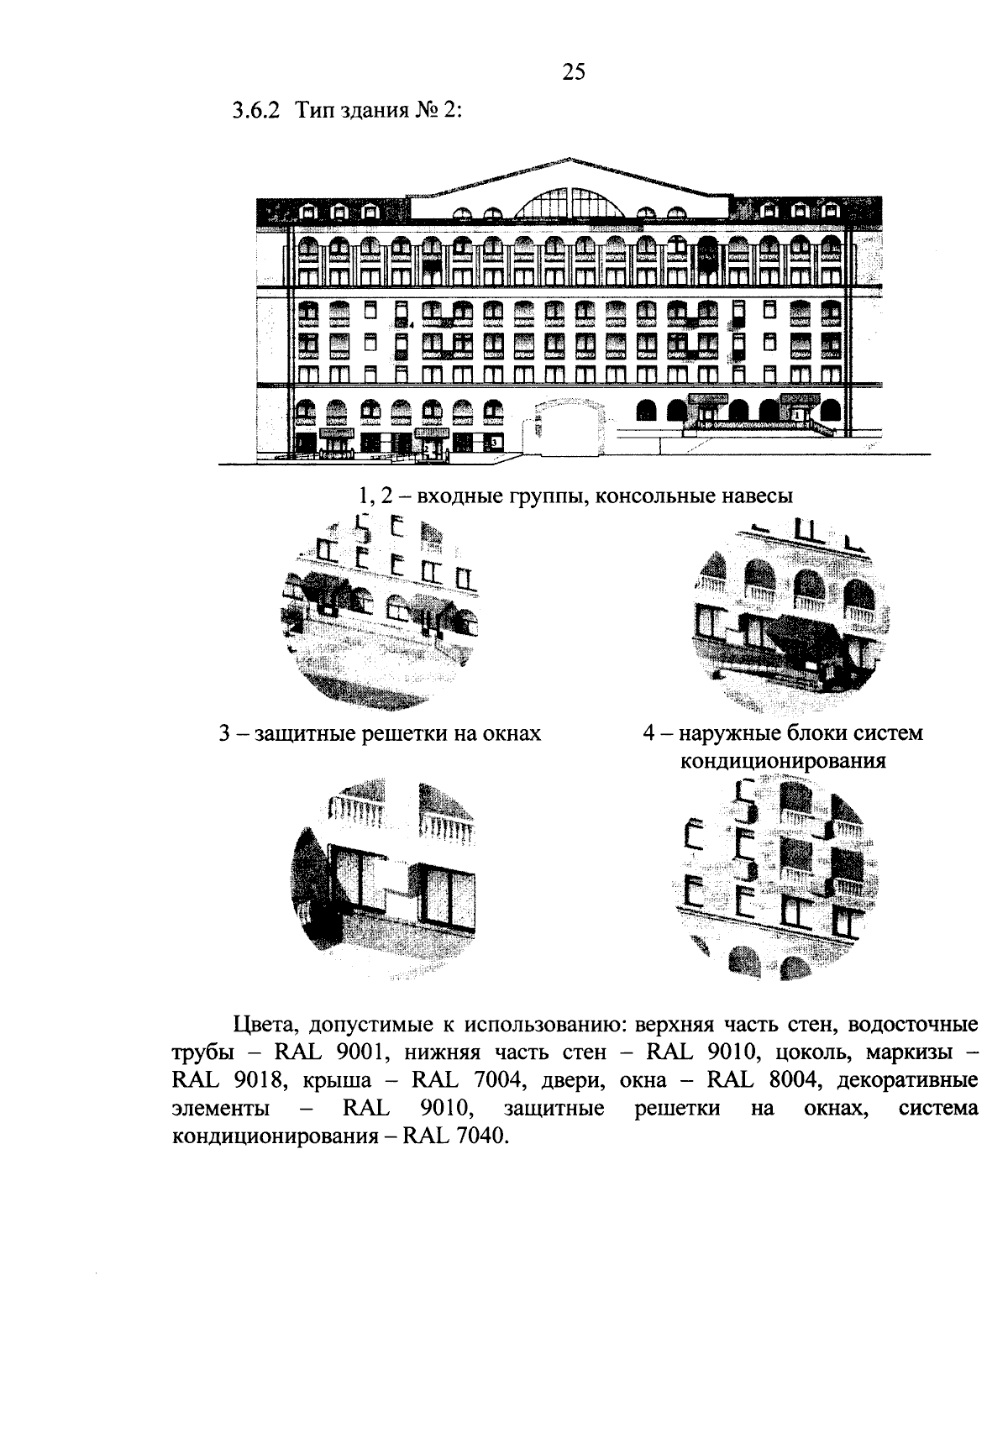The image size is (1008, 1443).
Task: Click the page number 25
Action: pos(573,73)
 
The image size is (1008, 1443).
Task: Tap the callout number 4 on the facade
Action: pos(410,323)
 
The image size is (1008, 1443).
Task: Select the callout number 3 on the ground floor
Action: pos(495,440)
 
